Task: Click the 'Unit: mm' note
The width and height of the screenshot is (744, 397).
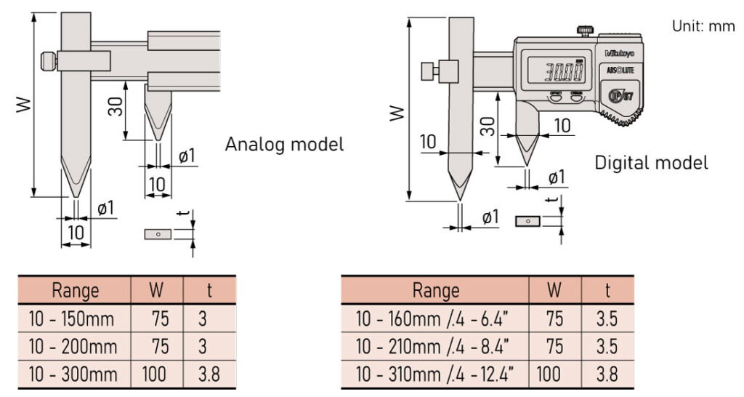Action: tap(703, 25)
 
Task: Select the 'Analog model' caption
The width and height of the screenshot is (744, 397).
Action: tap(284, 143)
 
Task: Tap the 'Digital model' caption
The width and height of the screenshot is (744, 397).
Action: tap(651, 162)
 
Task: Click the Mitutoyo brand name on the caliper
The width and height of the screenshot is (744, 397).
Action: tap(618, 53)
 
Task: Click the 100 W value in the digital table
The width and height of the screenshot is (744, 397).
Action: tap(552, 374)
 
